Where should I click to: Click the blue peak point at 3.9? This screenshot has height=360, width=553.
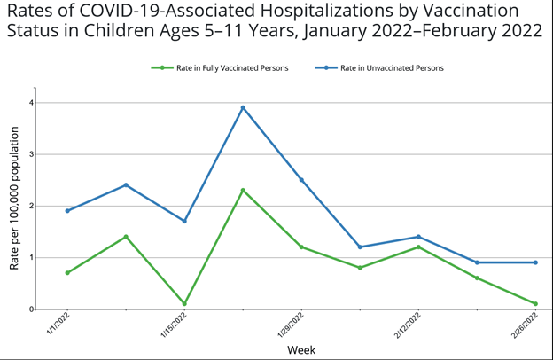pyautogui.click(x=243, y=107)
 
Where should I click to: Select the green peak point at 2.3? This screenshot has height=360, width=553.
pyautogui.click(x=243, y=190)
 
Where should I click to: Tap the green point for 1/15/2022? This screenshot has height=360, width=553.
pyautogui.click(x=184, y=303)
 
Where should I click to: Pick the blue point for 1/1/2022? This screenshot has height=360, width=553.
pyautogui.click(x=67, y=210)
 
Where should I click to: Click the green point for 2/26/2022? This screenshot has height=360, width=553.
pyautogui.click(x=535, y=303)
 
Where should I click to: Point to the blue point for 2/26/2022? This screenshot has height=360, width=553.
pyautogui.click(x=535, y=262)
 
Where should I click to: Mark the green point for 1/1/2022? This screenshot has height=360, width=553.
pyautogui.click(x=67, y=272)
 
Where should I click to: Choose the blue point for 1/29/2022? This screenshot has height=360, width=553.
pyautogui.click(x=301, y=179)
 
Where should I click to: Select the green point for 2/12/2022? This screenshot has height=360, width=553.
pyautogui.click(x=418, y=247)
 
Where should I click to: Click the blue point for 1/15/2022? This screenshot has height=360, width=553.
pyautogui.click(x=184, y=221)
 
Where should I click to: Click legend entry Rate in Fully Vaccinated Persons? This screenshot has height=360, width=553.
pyautogui.click(x=221, y=67)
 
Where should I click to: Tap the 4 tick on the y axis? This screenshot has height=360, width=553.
pyautogui.click(x=30, y=102)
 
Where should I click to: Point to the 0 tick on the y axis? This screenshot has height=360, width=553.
pyautogui.click(x=30, y=309)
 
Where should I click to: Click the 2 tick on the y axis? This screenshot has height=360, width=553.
pyautogui.click(x=30, y=206)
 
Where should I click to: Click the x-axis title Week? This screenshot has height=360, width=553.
pyautogui.click(x=300, y=349)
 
